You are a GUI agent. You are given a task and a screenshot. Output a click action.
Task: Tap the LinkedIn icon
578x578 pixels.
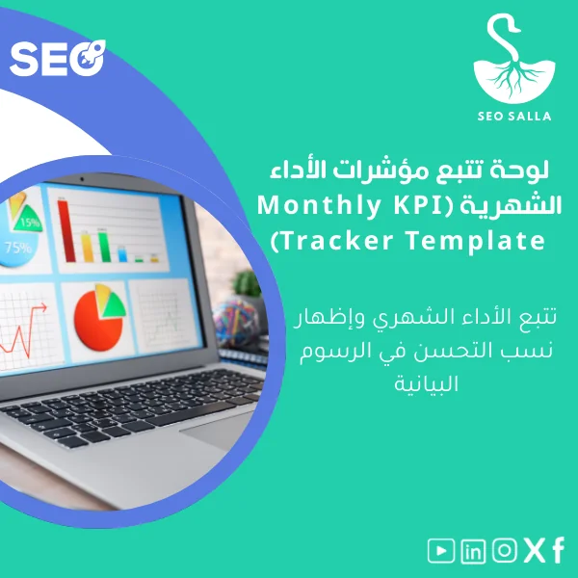click(x=473, y=551)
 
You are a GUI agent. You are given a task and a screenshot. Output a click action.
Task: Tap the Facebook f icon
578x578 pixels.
click(x=558, y=551)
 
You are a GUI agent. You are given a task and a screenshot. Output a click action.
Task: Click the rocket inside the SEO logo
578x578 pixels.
click(x=92, y=58)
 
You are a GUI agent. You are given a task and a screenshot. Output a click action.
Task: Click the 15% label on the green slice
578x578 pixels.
click(x=30, y=223)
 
